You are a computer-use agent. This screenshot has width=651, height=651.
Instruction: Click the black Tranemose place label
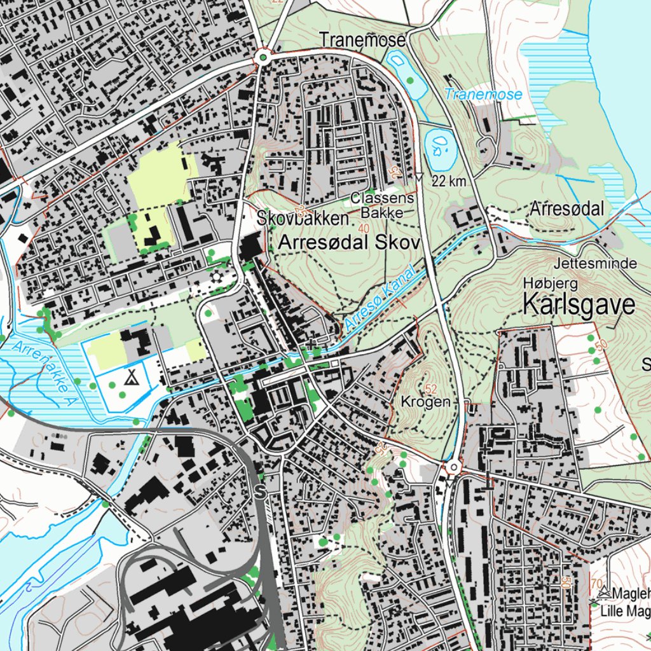[362, 40]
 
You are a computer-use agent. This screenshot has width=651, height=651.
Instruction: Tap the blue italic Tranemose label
[483, 95]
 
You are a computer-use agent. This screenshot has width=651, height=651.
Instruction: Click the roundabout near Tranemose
[263, 58]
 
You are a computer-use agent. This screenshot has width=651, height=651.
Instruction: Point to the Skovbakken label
[303, 218]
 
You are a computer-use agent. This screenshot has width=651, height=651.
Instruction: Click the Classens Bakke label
[382, 205]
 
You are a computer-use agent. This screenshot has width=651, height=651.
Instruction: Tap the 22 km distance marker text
[449, 181]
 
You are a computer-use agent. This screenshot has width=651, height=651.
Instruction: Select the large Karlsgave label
[579, 305]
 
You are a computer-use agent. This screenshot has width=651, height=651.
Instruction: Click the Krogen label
[426, 402]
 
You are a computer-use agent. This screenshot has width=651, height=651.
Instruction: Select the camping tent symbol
[132, 377]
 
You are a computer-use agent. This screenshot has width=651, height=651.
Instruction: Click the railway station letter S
[259, 491]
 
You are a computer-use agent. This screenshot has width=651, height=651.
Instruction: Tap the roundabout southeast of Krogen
[453, 469]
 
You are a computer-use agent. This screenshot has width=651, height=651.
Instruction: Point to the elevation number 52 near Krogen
[431, 388]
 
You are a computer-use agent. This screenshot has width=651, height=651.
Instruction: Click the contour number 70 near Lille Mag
[596, 582]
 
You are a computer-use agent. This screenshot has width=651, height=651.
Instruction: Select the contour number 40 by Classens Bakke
[364, 228]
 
